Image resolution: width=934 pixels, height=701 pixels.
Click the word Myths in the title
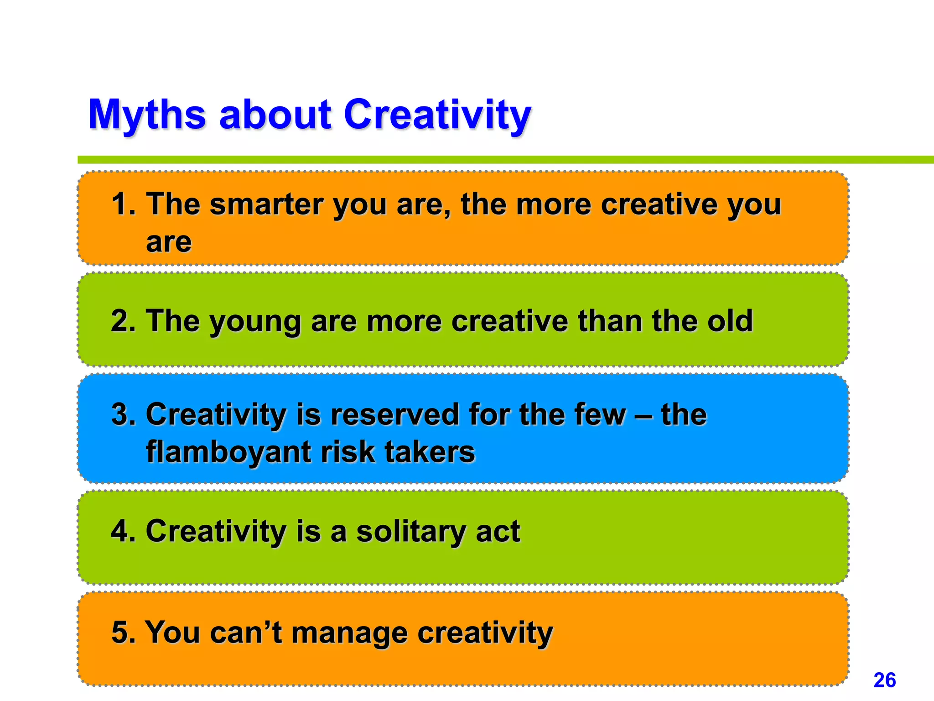[147, 115]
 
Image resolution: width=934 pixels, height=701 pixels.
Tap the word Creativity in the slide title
[437, 115]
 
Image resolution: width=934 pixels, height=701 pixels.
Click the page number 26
[884, 680]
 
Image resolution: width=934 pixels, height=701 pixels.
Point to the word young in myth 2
[255, 322]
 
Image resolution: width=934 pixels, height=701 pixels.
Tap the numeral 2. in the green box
[123, 321]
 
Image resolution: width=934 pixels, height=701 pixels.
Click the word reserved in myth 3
[394, 415]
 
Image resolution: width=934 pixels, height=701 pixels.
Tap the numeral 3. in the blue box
[123, 415]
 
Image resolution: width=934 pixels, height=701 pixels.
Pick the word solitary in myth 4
[411, 532]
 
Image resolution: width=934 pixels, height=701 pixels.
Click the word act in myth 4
[498, 532]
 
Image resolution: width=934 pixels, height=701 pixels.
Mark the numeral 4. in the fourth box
[123, 531]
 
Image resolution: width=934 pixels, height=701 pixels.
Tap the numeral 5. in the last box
[123, 633]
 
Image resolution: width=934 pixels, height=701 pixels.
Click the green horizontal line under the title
[502, 160]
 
